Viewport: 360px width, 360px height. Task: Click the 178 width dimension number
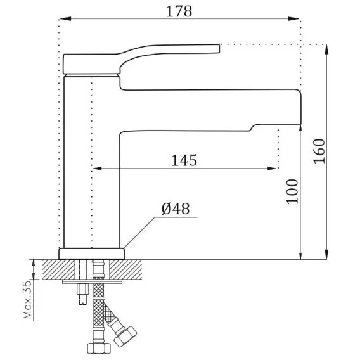pyautogui.click(x=179, y=11)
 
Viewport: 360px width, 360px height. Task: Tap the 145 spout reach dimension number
pyautogui.click(x=184, y=160)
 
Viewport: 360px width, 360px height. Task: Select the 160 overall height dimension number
pyautogui.click(x=319, y=151)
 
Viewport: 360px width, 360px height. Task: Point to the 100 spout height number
pyautogui.click(x=292, y=191)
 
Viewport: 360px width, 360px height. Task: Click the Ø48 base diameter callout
pyautogui.click(x=176, y=209)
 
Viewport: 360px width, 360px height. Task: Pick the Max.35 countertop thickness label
pyautogui.click(x=27, y=299)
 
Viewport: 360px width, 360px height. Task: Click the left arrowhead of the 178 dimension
pyautogui.click(x=65, y=19)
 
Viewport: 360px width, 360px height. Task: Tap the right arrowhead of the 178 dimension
pyautogui.click(x=293, y=19)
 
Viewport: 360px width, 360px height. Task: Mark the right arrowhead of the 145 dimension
pyautogui.click(x=273, y=169)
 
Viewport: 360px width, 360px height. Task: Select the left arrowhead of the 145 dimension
pyautogui.click(x=98, y=169)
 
